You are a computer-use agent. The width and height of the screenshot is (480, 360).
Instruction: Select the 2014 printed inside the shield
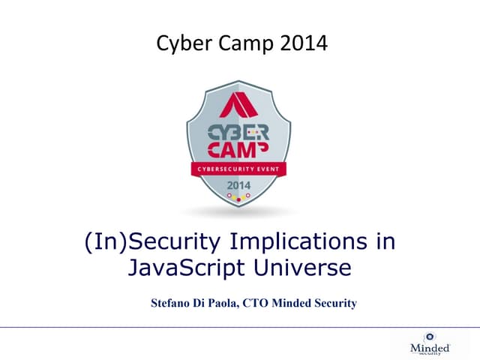tap(238, 184)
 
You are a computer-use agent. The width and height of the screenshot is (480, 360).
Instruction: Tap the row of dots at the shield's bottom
tap(238, 197)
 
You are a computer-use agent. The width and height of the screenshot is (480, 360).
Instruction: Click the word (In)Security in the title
tap(139, 242)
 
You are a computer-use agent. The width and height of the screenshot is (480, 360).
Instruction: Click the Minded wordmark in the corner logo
tap(430, 348)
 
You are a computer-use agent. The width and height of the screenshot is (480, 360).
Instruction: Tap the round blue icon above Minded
tap(430, 337)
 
